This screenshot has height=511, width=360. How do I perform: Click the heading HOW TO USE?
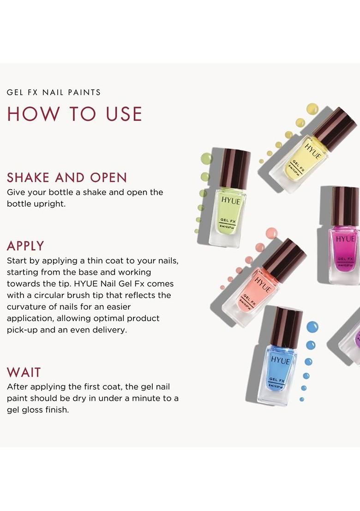[74, 114]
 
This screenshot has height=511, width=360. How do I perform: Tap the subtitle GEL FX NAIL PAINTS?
[54, 92]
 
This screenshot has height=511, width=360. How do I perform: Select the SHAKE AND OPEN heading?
[67, 178]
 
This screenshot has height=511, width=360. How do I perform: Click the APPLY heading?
[25, 245]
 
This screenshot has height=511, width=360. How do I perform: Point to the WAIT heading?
[24, 372]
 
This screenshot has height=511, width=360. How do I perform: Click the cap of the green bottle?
[235, 168]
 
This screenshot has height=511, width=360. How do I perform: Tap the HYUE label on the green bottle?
[230, 201]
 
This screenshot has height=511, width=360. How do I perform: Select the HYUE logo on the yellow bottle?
[313, 152]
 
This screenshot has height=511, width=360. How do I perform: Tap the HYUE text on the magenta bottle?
[345, 239]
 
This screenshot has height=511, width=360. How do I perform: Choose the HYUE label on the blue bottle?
[281, 360]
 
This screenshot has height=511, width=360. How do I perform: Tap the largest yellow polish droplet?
[312, 109]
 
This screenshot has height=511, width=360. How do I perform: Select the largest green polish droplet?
[206, 159]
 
